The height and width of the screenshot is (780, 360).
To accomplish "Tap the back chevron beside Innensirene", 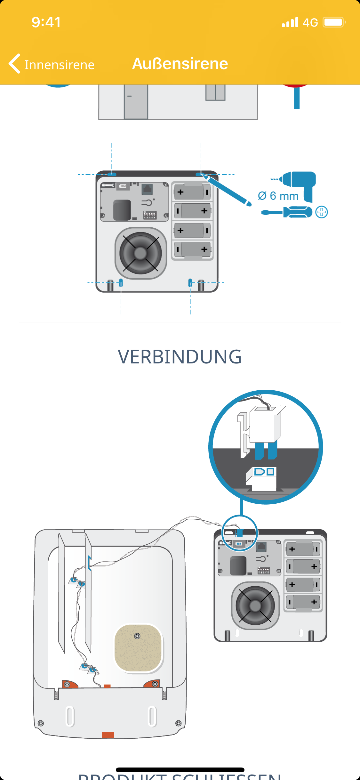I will tap(15, 63).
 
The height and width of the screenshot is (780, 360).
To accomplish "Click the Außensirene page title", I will tap(180, 63).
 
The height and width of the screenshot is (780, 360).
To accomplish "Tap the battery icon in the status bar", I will tap(334, 22).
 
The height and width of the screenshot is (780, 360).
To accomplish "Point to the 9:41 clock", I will tap(46, 22).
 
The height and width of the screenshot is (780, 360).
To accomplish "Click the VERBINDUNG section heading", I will tap(180, 357).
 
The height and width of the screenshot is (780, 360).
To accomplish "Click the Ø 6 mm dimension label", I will tap(278, 196).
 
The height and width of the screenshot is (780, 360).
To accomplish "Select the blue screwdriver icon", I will tap(287, 212).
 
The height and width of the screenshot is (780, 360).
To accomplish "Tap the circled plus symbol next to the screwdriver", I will tap(322, 212).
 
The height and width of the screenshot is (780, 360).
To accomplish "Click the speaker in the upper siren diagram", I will tap(140, 253).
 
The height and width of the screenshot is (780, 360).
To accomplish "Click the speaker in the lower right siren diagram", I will tap(255, 605).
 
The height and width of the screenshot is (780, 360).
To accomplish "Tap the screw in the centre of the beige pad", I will tap(137, 636).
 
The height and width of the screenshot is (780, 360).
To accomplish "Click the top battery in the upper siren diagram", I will tap(192, 192).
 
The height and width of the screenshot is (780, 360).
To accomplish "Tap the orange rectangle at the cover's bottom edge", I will tap(108, 735).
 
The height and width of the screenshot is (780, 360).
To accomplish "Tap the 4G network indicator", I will tap(310, 22).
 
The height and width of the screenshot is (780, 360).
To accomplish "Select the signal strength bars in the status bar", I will tap(290, 22).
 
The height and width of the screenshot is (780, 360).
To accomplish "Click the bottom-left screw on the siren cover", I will tap(41, 723).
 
